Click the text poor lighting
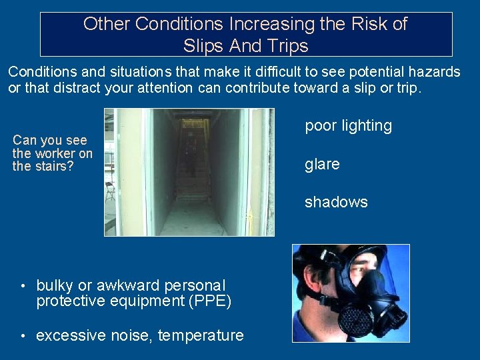point(348,126)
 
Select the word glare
point(322,164)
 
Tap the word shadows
point(336,203)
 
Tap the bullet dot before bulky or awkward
point(24,286)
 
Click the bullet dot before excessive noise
point(24,336)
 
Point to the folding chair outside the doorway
point(110,191)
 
